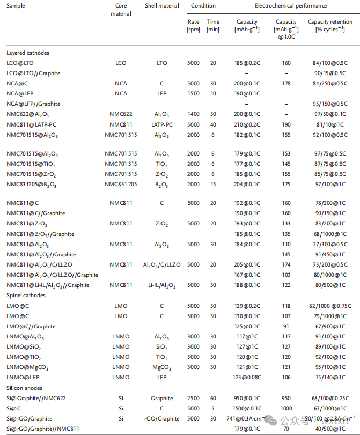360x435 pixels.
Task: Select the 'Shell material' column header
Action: click(x=162, y=6)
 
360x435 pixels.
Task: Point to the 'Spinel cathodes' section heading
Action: click(x=26, y=296)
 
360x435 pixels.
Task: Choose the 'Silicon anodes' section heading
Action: click(x=25, y=388)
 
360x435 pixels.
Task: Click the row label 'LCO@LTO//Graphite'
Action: click(x=33, y=73)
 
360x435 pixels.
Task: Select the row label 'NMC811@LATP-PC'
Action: click(x=31, y=124)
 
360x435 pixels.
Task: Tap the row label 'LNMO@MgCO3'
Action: click(x=25, y=367)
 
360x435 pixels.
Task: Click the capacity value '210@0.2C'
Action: click(x=247, y=124)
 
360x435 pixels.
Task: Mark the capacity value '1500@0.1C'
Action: click(x=247, y=408)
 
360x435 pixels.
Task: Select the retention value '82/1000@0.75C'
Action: click(x=327, y=306)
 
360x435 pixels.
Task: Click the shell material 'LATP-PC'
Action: click(x=162, y=124)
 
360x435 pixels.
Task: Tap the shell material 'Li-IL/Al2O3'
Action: click(x=162, y=285)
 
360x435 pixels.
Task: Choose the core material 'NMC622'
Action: click(x=121, y=114)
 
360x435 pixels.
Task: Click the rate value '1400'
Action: click(x=193, y=114)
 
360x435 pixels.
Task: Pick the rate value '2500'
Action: click(x=193, y=398)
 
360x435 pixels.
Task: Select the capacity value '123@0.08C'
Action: click(x=247, y=378)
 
